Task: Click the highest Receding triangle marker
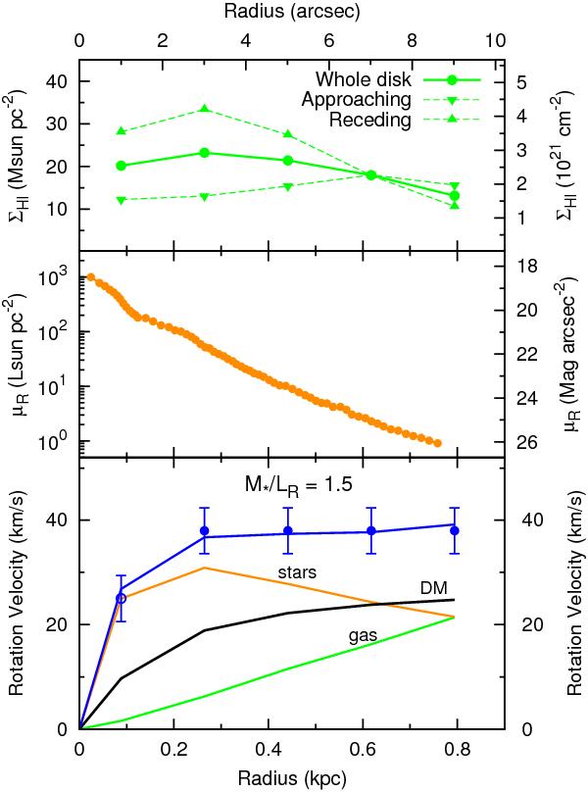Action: [x=204, y=108]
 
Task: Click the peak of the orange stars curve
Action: [x=204, y=568]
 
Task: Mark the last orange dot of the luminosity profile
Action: [x=437, y=443]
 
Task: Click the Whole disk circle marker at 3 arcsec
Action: [x=204, y=153]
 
